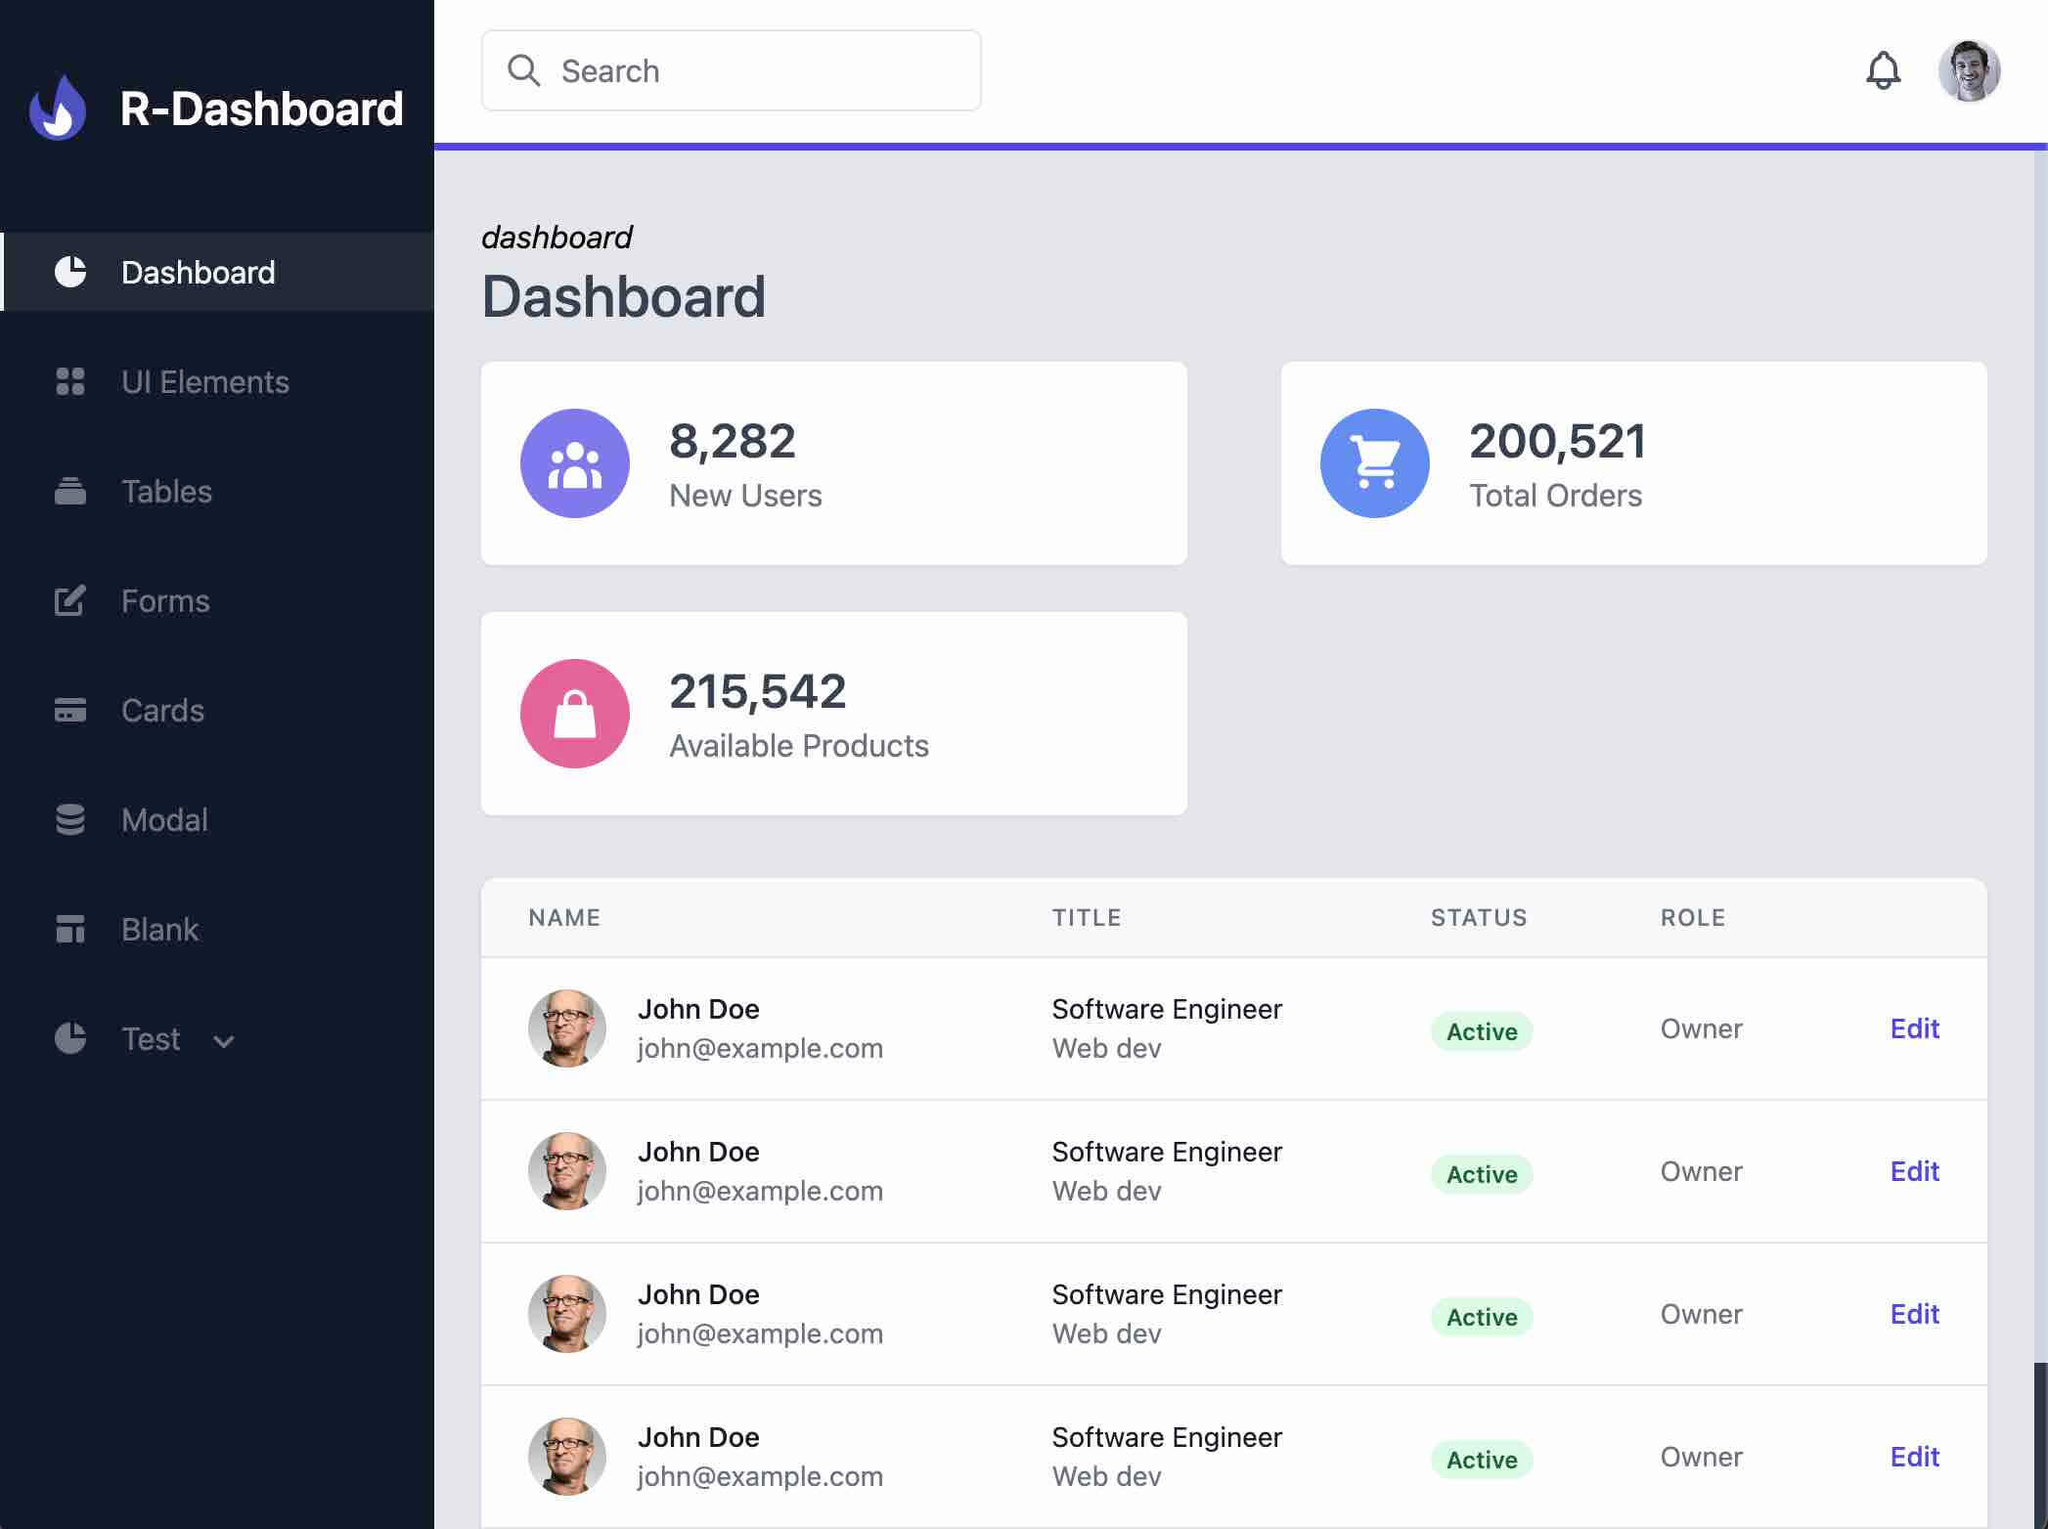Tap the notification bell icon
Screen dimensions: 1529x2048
tap(1883, 70)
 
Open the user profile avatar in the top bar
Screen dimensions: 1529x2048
tap(1969, 70)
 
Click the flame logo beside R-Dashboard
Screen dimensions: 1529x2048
tap(58, 108)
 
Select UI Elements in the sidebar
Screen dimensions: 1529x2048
tap(204, 382)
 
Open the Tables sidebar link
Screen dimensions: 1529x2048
tap(166, 492)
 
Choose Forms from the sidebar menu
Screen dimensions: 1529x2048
tap(165, 601)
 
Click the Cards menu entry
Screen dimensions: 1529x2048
tap(162, 711)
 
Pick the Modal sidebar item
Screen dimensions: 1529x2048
tap(164, 820)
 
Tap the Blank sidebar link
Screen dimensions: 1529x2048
tap(159, 930)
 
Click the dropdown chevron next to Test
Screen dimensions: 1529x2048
tap(224, 1041)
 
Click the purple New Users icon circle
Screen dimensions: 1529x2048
tap(575, 463)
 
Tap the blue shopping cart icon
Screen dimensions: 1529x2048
tap(1374, 463)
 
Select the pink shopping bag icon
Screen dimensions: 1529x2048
tap(575, 714)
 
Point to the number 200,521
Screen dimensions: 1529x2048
tap(1557, 441)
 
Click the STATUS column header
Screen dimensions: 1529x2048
tap(1478, 918)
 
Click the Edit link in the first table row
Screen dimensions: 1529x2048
tap(1914, 1028)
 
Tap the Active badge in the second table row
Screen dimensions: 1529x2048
tap(1482, 1174)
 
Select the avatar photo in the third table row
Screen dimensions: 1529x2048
tap(567, 1314)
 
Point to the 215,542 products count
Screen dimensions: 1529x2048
tap(757, 691)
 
